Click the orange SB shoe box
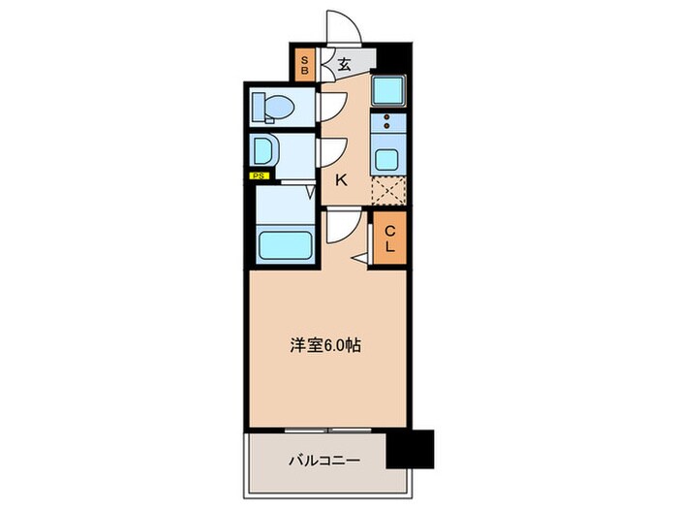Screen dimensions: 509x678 click(303, 65)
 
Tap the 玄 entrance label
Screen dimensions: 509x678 click(344, 66)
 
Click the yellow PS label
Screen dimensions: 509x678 click(259, 175)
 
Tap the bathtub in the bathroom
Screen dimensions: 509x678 click(283, 246)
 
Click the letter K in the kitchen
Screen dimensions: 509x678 click(341, 178)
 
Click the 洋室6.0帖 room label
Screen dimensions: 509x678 click(326, 345)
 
